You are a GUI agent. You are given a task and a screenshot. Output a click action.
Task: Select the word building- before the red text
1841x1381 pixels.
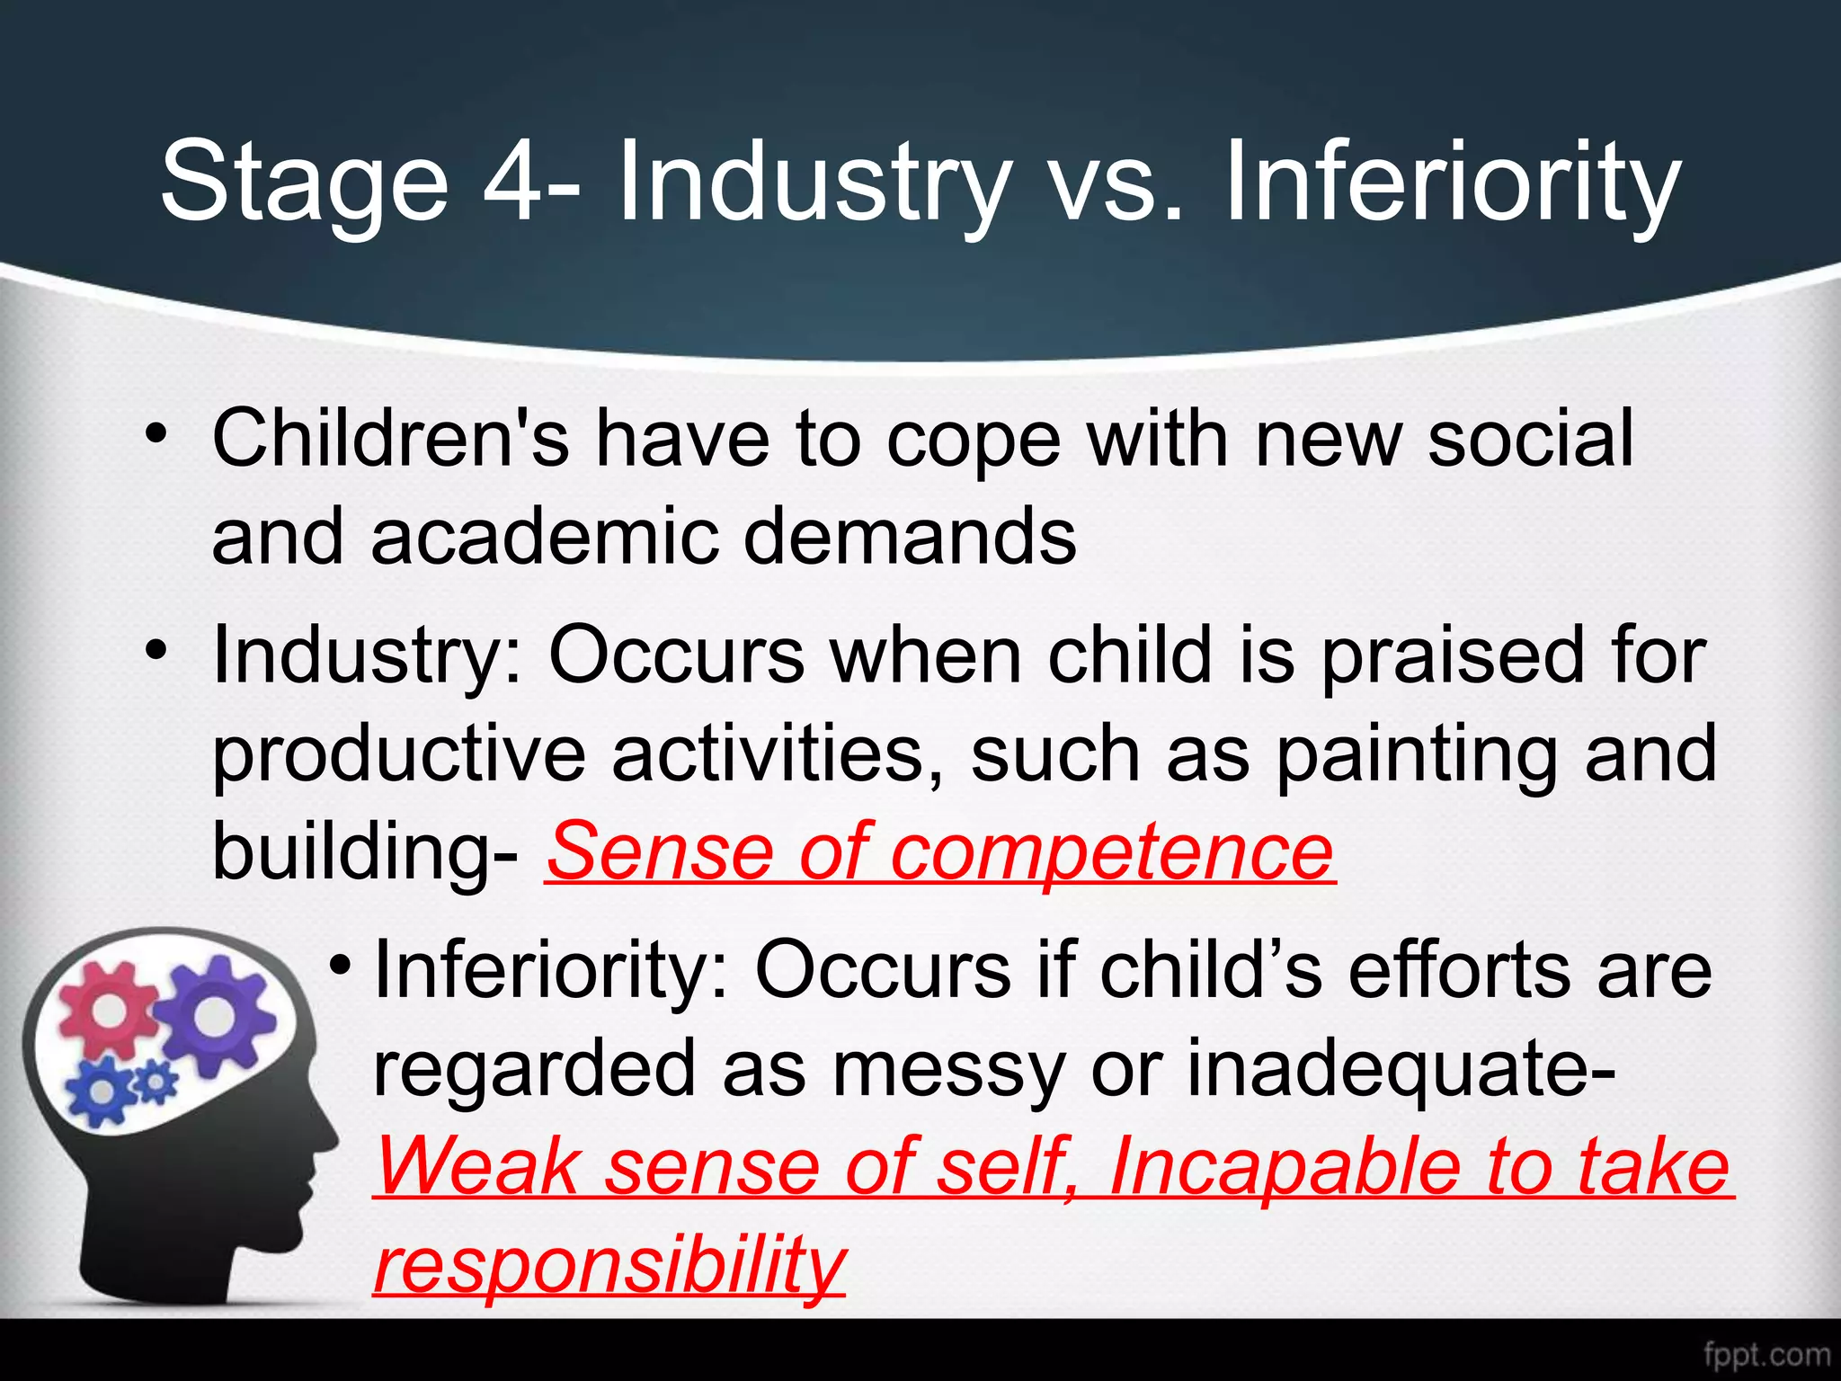[365, 852]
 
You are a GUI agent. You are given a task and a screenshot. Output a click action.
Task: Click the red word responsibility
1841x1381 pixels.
[609, 1264]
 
